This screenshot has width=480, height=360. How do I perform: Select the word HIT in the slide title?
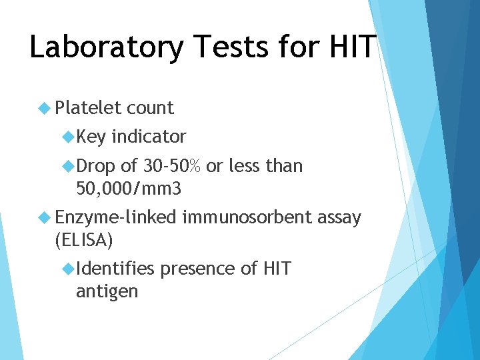[352, 48]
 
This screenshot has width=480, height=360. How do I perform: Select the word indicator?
[149, 137]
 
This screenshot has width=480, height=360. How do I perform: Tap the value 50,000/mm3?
[129, 189]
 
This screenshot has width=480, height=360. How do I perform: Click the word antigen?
[107, 291]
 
